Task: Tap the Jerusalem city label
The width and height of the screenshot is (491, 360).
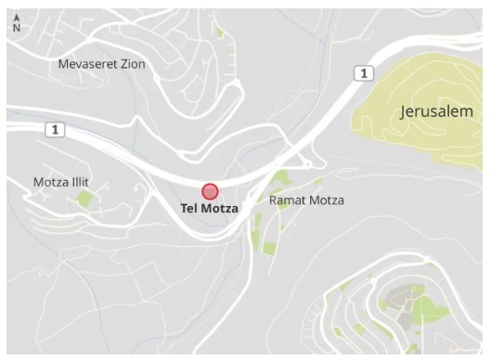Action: click(x=435, y=111)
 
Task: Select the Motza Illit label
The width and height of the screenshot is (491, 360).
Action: click(x=62, y=181)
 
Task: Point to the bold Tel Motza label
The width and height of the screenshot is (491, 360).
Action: click(x=209, y=209)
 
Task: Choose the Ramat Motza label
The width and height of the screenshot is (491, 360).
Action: click(x=306, y=199)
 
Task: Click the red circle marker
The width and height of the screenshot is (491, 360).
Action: click(x=210, y=192)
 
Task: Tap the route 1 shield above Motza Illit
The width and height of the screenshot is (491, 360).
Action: click(x=56, y=130)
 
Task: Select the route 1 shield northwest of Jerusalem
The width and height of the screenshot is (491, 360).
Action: click(x=363, y=73)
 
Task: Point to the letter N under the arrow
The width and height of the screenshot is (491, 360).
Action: click(x=16, y=28)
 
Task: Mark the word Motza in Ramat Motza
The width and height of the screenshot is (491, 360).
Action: click(x=326, y=199)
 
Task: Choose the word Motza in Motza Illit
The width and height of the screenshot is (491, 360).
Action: click(x=51, y=181)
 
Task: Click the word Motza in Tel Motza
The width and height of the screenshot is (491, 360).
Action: click(x=219, y=209)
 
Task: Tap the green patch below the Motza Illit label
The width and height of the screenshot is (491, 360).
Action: click(x=84, y=199)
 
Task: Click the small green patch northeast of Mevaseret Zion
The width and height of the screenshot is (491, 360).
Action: click(x=220, y=33)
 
